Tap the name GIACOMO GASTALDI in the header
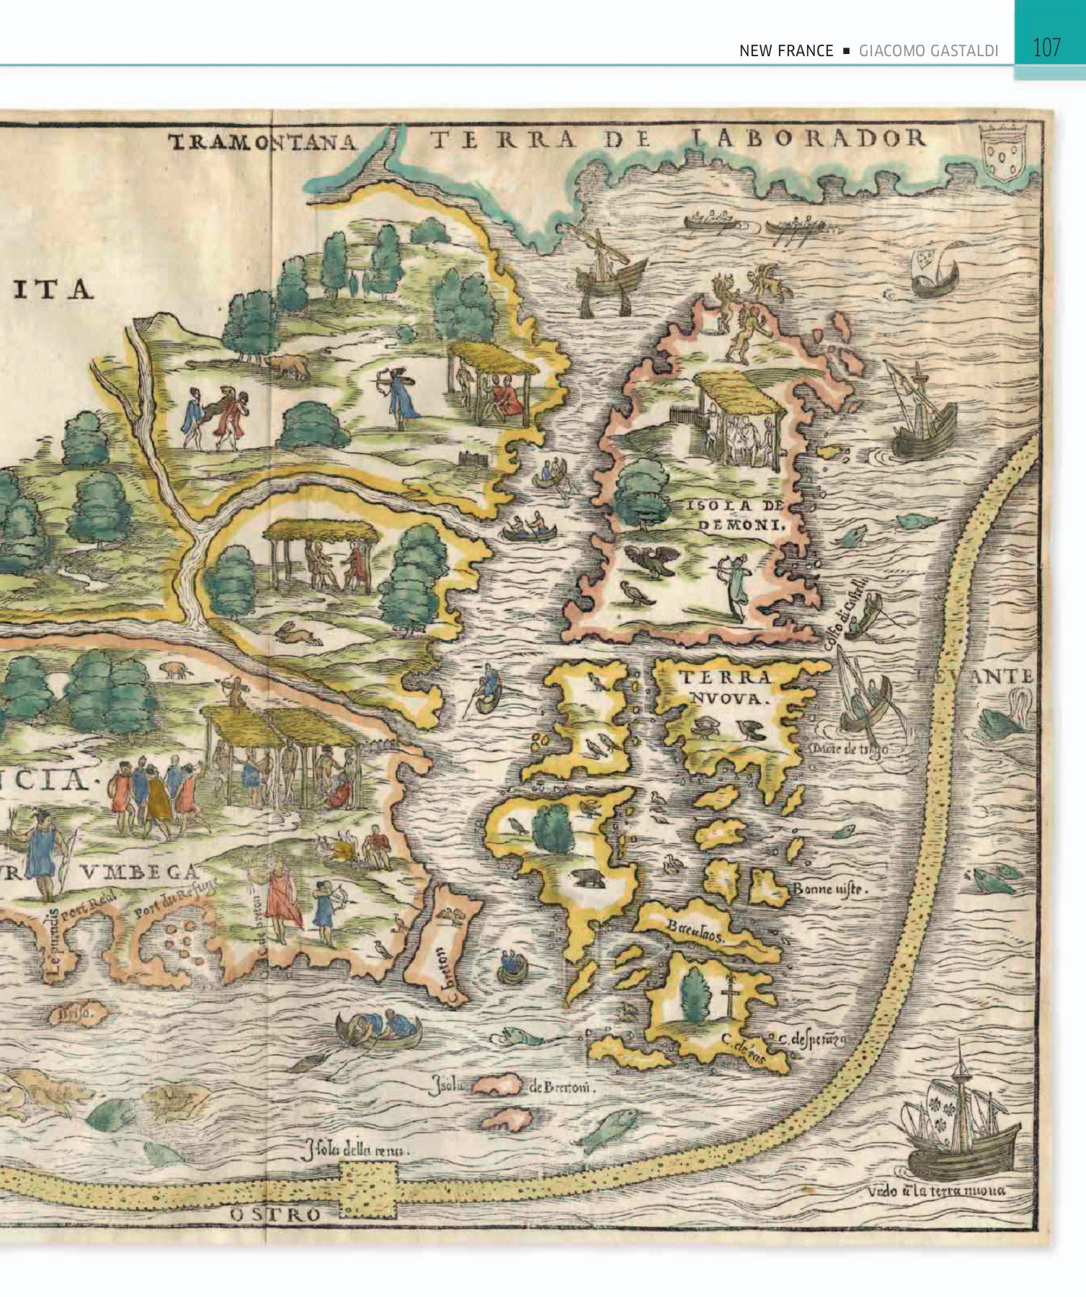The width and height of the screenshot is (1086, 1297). click(x=928, y=51)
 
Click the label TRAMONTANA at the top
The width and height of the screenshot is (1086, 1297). click(x=263, y=142)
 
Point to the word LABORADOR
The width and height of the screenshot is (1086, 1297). click(x=808, y=138)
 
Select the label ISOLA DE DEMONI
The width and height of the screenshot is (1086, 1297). click(x=736, y=514)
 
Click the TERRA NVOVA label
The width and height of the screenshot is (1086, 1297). click(x=725, y=687)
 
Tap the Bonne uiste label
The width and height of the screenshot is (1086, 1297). click(x=829, y=888)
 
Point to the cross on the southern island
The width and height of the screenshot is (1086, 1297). click(x=731, y=994)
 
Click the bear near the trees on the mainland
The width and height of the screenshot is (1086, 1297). click(x=290, y=367)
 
